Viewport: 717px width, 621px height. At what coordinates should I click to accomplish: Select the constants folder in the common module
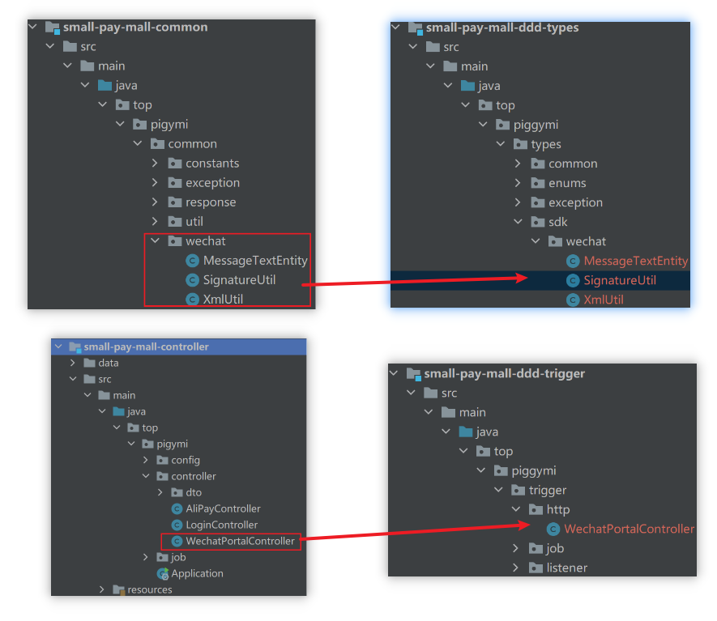(212, 163)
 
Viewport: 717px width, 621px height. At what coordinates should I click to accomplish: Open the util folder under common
(194, 221)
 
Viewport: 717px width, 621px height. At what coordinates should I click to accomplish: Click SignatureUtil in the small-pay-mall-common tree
(240, 280)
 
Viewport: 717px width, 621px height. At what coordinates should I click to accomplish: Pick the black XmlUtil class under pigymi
(224, 300)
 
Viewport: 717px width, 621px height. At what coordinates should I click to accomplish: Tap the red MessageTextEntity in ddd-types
(635, 261)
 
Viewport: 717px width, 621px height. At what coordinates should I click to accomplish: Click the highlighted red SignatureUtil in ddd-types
(620, 280)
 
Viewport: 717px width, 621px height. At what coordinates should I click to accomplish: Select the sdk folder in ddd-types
(558, 222)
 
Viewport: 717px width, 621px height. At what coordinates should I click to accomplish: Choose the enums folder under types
(567, 183)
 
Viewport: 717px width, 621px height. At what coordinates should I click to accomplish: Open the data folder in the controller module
(108, 363)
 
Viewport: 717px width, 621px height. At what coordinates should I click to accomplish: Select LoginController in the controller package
(221, 525)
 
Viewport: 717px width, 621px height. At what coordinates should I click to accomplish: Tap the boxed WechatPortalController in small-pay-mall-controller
(240, 541)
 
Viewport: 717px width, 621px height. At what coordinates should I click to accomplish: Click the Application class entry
(197, 573)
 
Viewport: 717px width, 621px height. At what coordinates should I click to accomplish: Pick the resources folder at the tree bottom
(149, 589)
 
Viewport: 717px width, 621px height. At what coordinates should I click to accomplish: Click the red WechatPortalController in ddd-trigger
(629, 529)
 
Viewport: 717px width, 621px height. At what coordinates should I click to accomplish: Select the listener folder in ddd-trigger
(567, 568)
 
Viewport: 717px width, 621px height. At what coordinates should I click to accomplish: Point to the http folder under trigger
(558, 509)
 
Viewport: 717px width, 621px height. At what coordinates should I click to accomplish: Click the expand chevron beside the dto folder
(160, 492)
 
